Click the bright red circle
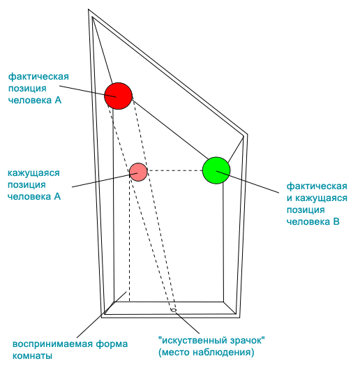[118, 96]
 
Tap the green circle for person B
[216, 170]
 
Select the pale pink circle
[138, 172]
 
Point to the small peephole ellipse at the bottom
[174, 310]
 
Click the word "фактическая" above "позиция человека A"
[38, 77]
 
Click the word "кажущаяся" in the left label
[33, 173]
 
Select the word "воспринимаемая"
[52, 344]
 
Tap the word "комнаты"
[32, 356]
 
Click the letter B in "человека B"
[336, 222]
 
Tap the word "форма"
[112, 344]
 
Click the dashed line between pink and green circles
[175, 170]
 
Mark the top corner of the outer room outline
[89, 10]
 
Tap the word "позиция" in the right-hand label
[306, 210]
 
